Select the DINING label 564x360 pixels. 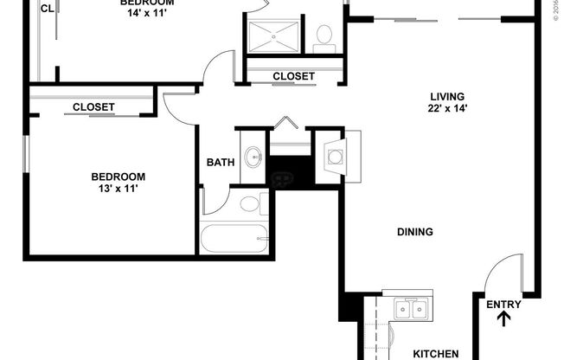[414, 232]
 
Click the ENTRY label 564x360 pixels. [503, 304]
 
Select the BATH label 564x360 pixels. [220, 162]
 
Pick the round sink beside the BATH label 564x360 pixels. [253, 157]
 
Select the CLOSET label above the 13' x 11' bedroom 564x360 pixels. [93, 107]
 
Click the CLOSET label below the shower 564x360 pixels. [293, 76]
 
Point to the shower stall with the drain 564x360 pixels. [274, 35]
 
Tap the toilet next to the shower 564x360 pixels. [325, 35]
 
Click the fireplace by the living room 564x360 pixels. [334, 157]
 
